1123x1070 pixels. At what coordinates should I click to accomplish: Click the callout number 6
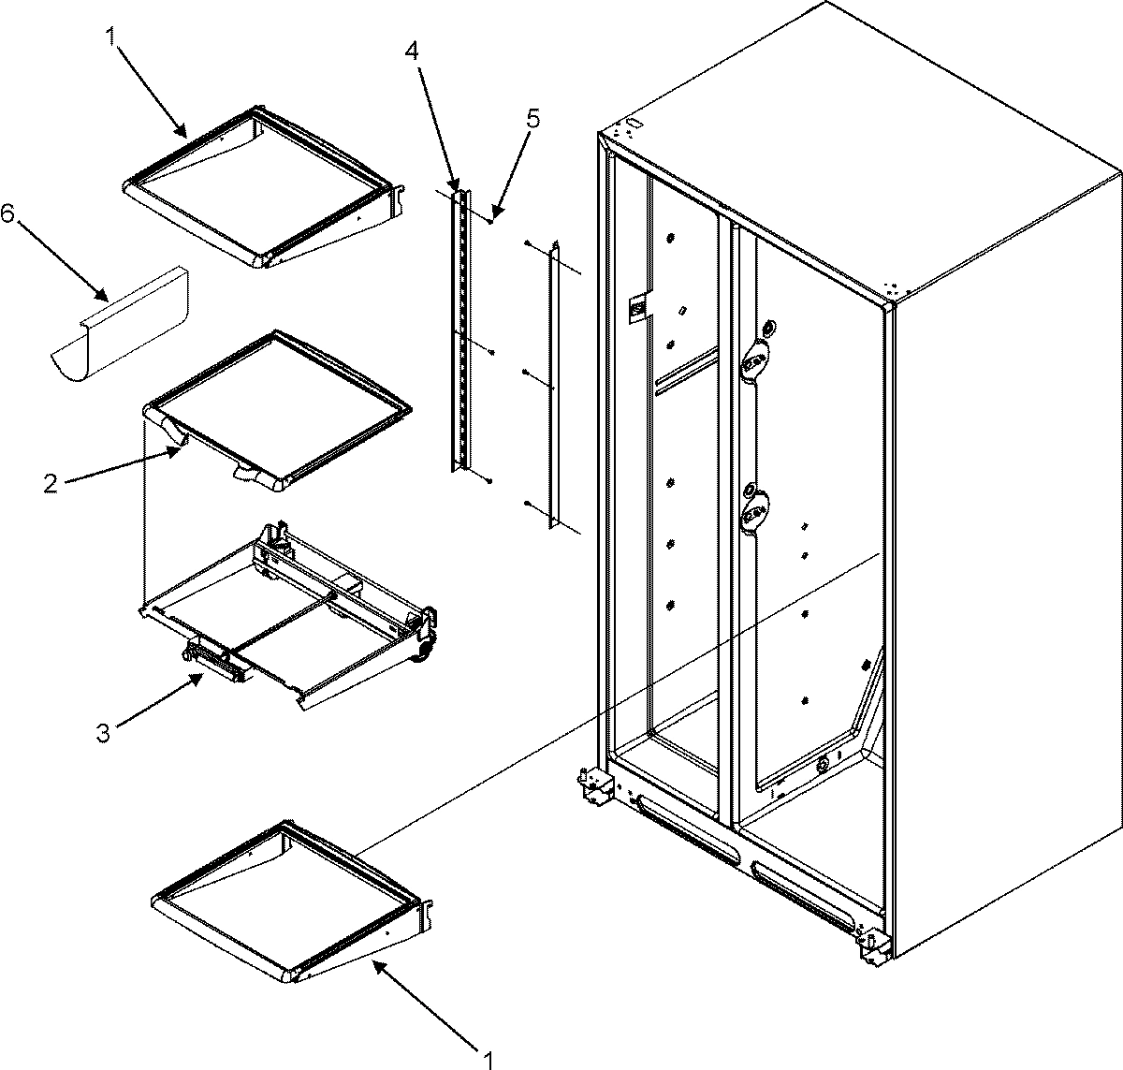click(7, 214)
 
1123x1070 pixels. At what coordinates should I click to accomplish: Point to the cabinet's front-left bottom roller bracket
click(592, 786)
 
